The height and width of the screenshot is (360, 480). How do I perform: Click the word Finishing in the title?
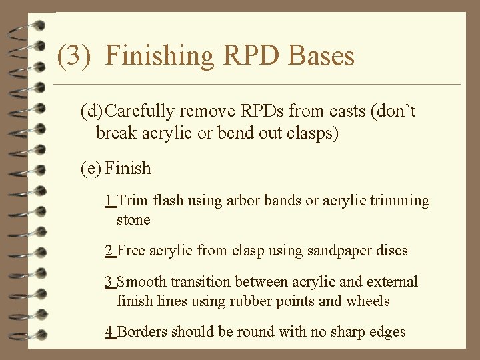coord(160,56)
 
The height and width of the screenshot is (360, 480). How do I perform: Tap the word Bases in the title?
coord(321,56)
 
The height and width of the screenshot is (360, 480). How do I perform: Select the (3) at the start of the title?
coord(73,56)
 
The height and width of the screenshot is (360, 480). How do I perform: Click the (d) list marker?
coord(92,111)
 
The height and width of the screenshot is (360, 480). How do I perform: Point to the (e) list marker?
coord(91,168)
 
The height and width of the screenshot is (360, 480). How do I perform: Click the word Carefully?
coord(143,111)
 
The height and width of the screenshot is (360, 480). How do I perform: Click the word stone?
coord(133,219)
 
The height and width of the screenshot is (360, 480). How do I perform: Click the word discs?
coord(390,251)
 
